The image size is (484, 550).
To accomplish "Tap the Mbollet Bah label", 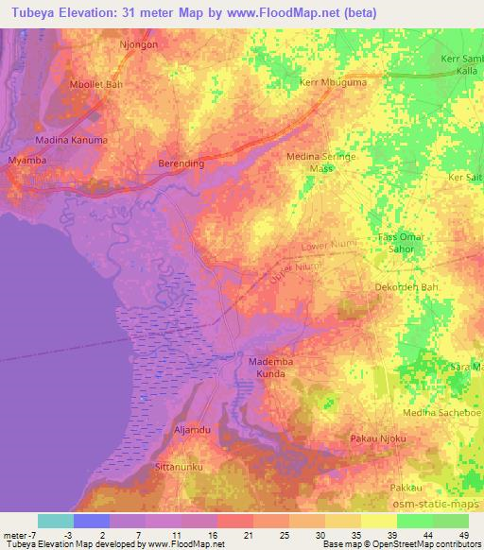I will click(x=96, y=84).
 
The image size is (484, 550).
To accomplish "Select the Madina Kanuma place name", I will click(x=72, y=140).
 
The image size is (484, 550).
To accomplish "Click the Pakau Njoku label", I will click(x=376, y=439).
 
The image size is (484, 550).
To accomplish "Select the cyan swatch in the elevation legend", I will click(x=55, y=521).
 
